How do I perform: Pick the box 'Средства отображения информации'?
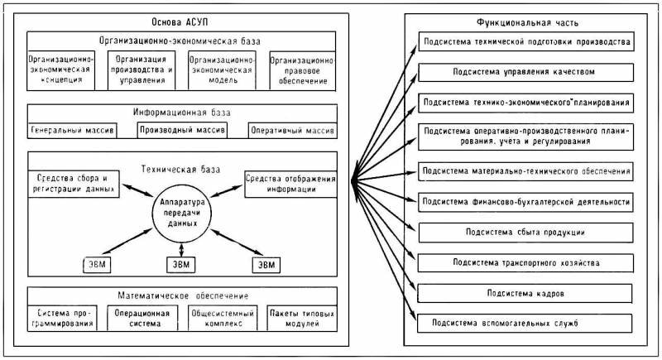click(290, 182)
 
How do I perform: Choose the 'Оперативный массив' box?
click(292, 131)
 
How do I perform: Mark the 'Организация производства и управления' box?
click(143, 70)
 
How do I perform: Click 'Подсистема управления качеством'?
click(525, 72)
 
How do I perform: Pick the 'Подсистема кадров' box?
click(525, 292)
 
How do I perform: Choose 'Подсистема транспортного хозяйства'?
click(525, 262)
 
